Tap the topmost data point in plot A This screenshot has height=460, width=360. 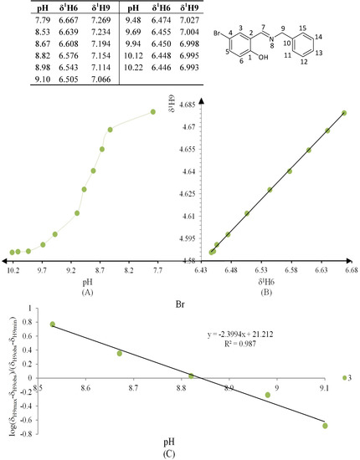[x=153, y=112]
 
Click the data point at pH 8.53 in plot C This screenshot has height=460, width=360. [x=53, y=324]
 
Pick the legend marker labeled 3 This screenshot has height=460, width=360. [x=343, y=377]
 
